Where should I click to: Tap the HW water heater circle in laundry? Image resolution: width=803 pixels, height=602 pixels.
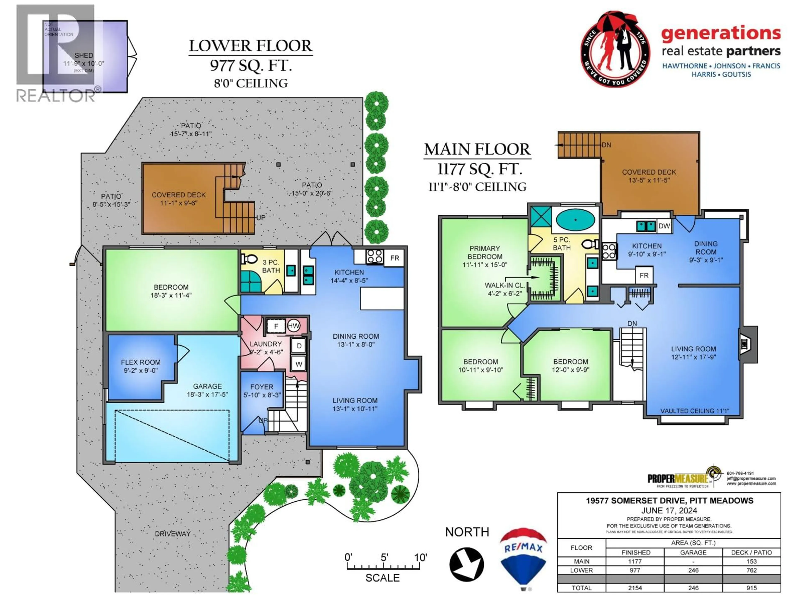click(x=293, y=325)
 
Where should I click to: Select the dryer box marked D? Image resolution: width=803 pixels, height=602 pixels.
click(x=299, y=346)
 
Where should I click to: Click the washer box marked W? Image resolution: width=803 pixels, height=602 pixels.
click(x=299, y=364)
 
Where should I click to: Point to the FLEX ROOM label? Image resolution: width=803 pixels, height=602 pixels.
click(x=141, y=362)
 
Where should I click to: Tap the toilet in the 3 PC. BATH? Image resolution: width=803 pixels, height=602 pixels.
click(x=249, y=259)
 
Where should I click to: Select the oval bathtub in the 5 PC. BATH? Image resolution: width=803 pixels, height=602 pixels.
click(x=575, y=219)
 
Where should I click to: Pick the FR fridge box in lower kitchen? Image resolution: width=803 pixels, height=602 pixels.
click(x=395, y=258)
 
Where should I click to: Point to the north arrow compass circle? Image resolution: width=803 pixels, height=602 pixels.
click(x=467, y=564)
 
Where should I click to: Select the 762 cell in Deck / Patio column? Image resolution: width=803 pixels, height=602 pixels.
click(x=751, y=570)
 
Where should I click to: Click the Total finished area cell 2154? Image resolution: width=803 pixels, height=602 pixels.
click(x=635, y=588)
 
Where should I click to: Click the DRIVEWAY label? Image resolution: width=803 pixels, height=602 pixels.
click(x=173, y=533)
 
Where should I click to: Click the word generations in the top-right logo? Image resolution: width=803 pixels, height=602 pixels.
click(x=721, y=33)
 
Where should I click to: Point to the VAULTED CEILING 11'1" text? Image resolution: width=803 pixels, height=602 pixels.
click(x=694, y=411)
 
